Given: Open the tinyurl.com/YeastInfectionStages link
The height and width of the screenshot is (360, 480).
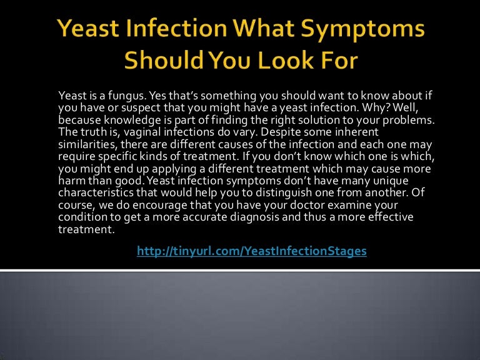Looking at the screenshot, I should (x=252, y=251).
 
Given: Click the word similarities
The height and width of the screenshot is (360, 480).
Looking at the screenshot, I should (x=84, y=141).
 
